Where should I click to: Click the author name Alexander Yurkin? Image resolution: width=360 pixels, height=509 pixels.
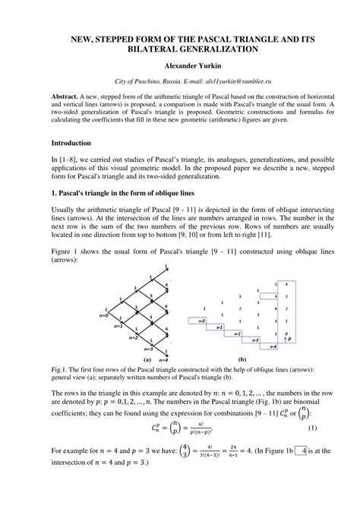click(x=179, y=66)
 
